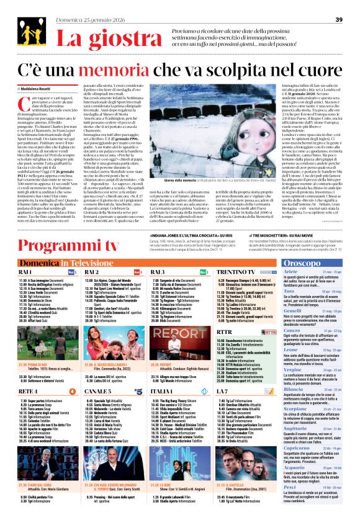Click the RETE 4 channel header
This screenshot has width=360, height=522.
[28, 392]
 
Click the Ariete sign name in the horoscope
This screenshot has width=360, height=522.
[290, 272]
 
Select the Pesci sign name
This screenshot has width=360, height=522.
[290, 504]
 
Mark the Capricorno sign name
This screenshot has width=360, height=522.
[297, 466]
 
